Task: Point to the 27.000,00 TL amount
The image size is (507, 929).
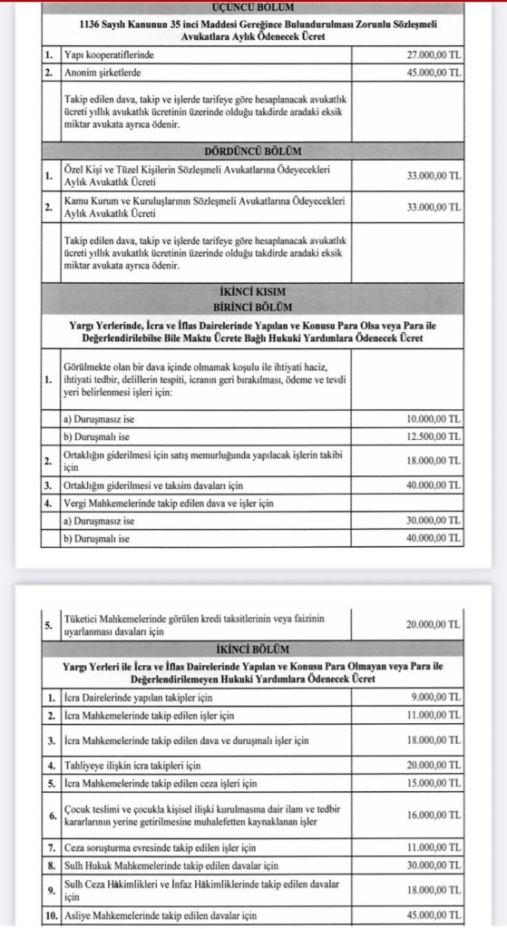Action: [434, 55]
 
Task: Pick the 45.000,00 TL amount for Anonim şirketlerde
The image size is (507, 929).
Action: [434, 70]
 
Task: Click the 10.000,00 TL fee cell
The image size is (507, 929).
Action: [434, 420]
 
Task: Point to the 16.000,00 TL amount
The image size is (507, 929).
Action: [434, 815]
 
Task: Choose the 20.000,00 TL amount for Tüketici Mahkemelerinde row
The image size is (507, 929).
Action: [434, 624]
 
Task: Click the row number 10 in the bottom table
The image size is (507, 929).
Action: [52, 917]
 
